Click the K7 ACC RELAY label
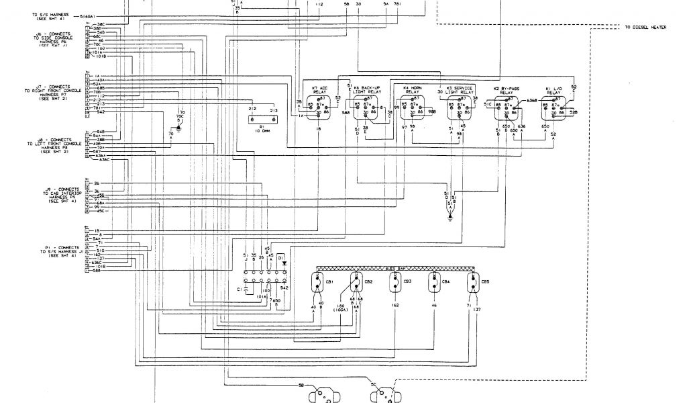point(319,90)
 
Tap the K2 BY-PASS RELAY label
point(508,90)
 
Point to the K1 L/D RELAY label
point(553,90)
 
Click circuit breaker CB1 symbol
point(317,283)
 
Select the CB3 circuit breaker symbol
point(394,283)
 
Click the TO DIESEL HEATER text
point(645,28)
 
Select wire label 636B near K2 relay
point(532,100)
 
